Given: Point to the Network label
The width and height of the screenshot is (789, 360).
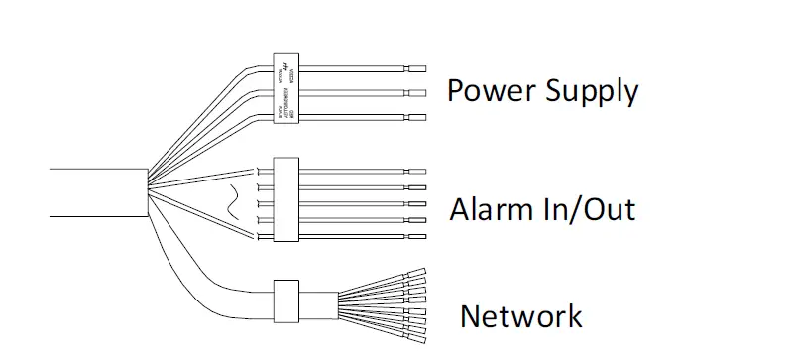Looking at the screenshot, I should (520, 316).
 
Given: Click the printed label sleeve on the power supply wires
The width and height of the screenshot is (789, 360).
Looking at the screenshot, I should (285, 92).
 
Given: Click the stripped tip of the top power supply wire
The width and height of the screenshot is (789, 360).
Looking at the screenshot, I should (416, 68).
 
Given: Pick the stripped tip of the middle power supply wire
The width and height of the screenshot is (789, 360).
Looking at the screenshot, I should (416, 93).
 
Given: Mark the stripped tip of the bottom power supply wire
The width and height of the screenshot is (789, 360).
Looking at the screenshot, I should (416, 118).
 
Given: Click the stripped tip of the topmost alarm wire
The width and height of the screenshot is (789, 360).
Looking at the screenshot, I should (416, 171).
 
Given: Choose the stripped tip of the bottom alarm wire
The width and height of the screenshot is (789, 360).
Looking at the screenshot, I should (416, 235).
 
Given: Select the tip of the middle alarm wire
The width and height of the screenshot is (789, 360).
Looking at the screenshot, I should (416, 202).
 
